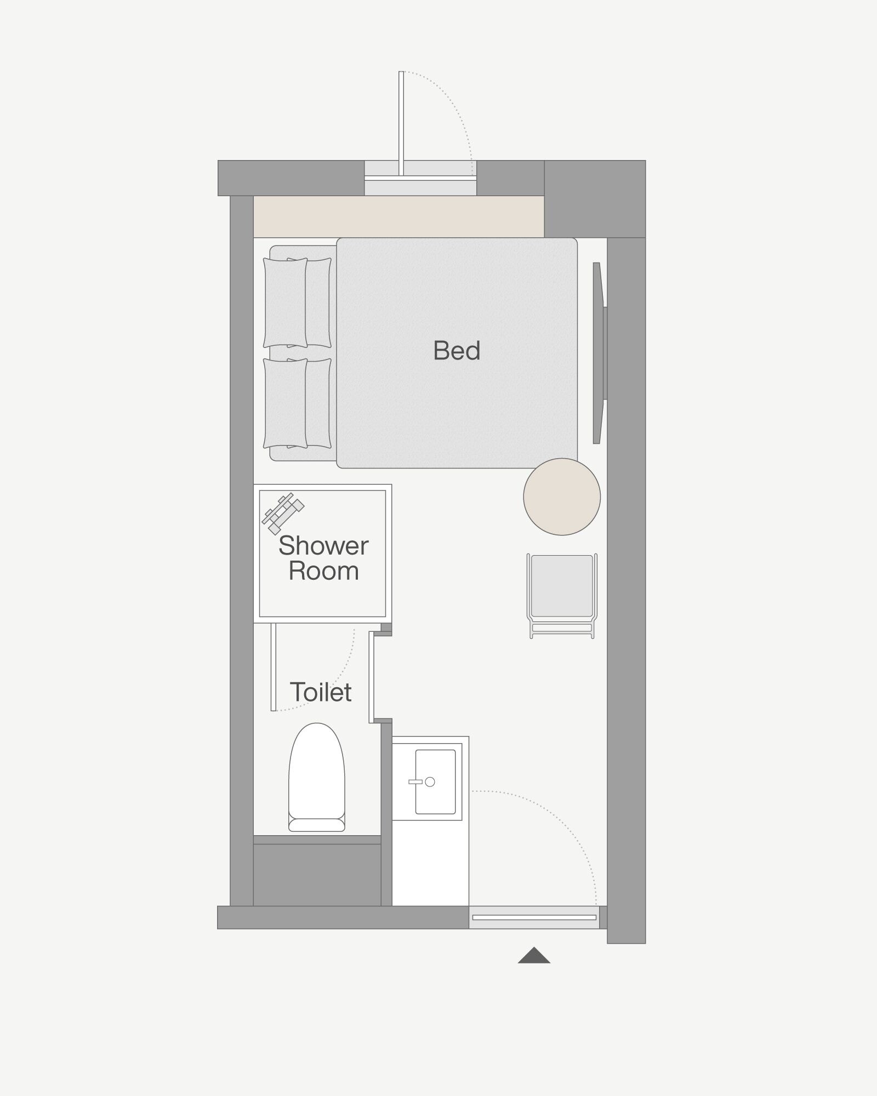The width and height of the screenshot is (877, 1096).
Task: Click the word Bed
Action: (457, 351)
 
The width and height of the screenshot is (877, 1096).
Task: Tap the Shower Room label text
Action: (323, 558)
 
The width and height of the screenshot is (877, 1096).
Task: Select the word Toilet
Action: (321, 692)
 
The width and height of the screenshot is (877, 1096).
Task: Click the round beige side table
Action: (562, 496)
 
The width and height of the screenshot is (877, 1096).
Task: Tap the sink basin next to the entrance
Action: (435, 782)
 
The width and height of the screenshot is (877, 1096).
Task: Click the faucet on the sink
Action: (422, 782)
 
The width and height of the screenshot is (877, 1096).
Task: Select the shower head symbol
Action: (283, 513)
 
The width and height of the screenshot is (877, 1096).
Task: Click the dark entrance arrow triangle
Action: (534, 955)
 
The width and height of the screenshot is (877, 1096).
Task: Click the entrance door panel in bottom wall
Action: (534, 917)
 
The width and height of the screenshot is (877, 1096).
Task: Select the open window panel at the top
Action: (401, 123)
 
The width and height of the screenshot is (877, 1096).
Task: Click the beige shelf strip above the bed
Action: (398, 216)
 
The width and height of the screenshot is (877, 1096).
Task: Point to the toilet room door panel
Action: (274, 667)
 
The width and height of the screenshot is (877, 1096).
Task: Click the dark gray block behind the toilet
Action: (317, 875)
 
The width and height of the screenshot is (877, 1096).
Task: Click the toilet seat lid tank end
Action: (317, 825)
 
